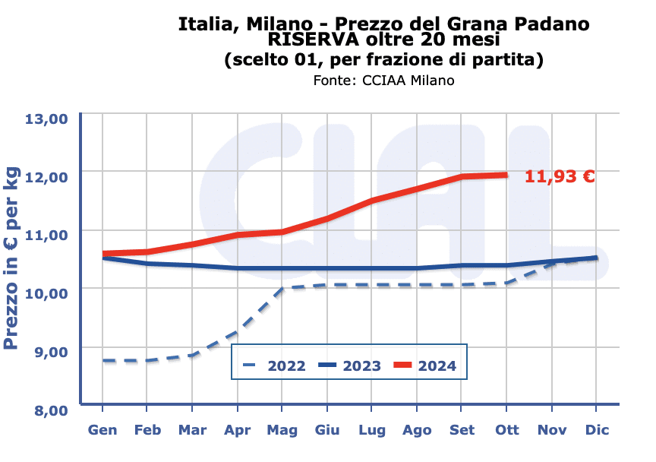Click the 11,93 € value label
point(560,177)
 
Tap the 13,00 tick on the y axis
point(47,119)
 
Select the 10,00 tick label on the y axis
point(47,293)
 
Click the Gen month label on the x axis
point(102,430)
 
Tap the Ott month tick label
point(507,430)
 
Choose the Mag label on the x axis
point(282,430)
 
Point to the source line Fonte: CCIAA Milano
point(383,80)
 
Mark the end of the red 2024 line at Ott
point(506,175)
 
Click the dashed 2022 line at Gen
point(103,360)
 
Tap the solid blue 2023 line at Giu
point(327,268)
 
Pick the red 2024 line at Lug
point(372,201)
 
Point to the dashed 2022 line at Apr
point(238,332)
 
